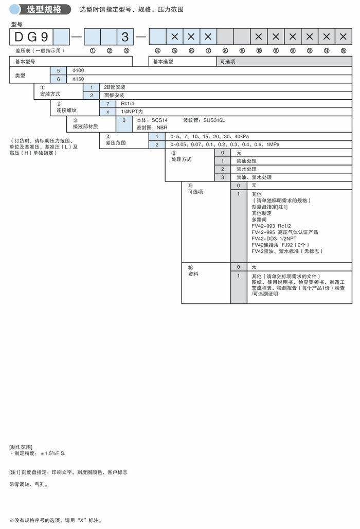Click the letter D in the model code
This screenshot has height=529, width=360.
tap(17, 37)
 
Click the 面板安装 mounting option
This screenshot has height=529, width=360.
tap(114, 95)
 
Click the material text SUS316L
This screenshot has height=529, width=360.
tap(214, 120)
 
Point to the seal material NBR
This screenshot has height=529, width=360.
tap(161, 127)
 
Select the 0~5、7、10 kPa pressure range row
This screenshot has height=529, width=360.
tap(210, 136)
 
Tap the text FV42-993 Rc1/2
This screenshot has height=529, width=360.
tap(272, 226)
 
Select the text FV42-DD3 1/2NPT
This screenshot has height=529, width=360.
tap(273, 239)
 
